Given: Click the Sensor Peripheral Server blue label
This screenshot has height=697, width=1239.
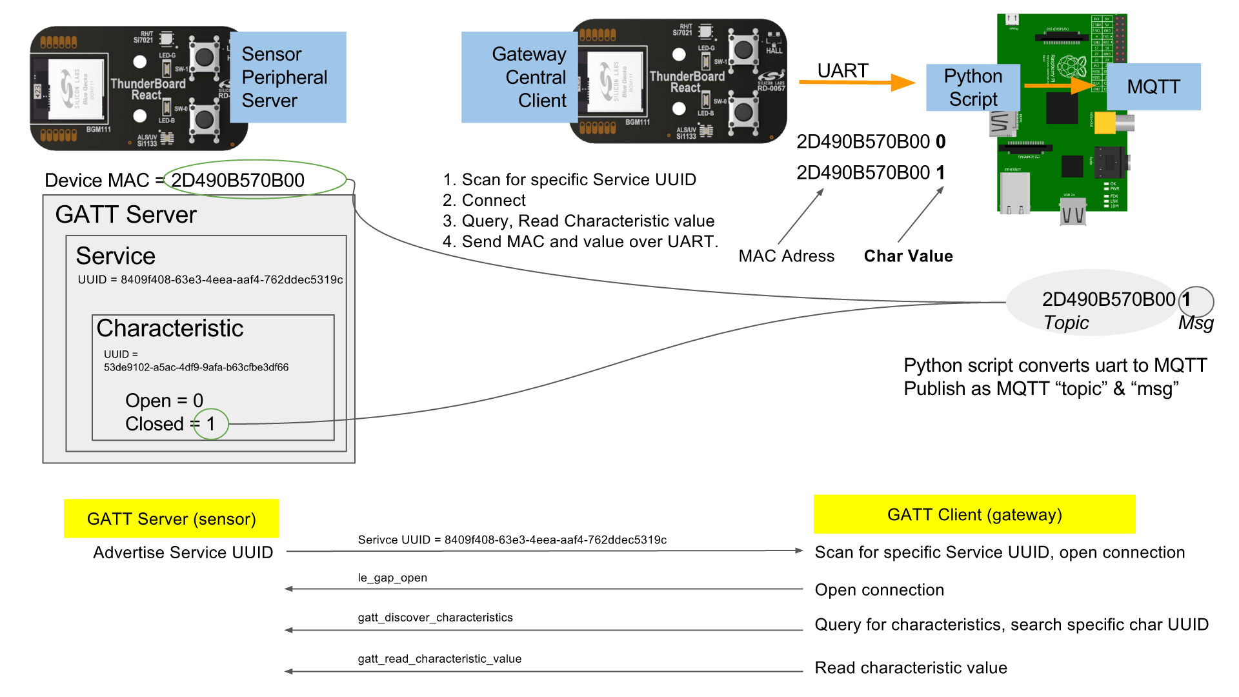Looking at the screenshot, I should (287, 77).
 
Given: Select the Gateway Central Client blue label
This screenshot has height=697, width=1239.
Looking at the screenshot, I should (519, 77).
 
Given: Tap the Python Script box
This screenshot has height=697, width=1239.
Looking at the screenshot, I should (972, 87).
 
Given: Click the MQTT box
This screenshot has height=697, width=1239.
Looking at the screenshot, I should (1153, 86).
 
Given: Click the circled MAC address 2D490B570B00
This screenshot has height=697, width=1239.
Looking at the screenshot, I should (239, 180).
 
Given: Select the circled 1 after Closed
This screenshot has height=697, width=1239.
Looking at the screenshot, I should (211, 424).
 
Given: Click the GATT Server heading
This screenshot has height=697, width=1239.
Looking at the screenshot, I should (126, 214).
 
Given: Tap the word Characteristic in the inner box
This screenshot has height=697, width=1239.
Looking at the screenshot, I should (170, 328).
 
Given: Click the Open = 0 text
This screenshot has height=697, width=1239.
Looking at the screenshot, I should (164, 400).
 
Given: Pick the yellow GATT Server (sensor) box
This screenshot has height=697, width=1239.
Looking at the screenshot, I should (171, 518).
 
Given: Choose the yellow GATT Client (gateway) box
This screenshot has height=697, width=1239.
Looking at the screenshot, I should (974, 514).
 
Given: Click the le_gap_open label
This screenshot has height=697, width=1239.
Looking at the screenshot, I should (392, 578).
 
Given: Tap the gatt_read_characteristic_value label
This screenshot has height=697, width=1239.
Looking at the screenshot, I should (439, 659).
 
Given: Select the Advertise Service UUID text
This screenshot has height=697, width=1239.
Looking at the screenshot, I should (183, 552).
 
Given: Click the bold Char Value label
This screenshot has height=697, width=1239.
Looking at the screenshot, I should (908, 256).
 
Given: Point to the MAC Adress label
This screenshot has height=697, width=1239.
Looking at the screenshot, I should (786, 256).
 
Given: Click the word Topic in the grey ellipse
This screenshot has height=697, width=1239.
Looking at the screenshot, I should (1066, 323).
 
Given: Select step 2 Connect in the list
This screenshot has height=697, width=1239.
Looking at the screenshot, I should (484, 200).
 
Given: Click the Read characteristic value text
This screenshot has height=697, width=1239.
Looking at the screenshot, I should (911, 668).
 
